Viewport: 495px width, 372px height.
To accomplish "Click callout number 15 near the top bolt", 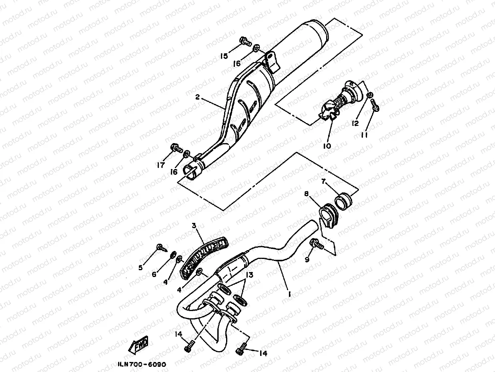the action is [224, 56].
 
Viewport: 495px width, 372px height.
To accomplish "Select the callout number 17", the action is [160, 165].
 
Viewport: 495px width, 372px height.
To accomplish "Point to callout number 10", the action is [327, 146].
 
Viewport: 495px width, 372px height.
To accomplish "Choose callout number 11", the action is [364, 135].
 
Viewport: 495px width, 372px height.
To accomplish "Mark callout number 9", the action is [307, 259].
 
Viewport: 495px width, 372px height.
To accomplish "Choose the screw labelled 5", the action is [161, 247].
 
